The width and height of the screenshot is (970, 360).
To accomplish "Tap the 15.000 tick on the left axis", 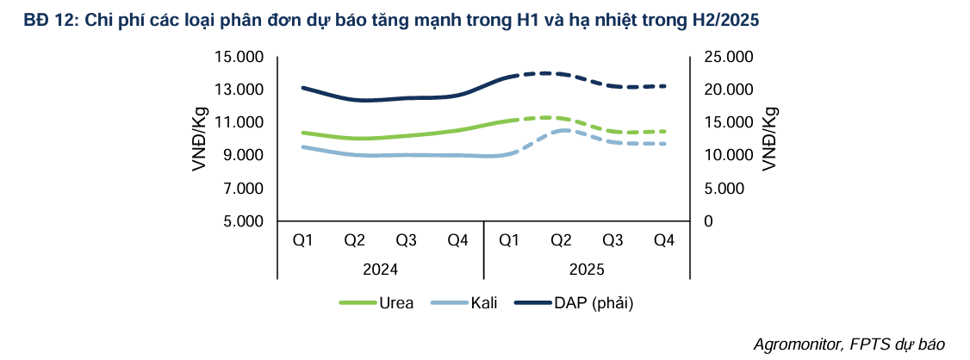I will pyautogui.click(x=239, y=58).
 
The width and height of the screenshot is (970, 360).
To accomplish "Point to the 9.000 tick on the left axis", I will pyautogui.click(x=242, y=156).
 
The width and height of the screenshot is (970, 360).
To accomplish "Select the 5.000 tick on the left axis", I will pyautogui.click(x=242, y=221).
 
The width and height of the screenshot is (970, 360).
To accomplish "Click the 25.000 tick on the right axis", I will pyautogui.click(x=729, y=58).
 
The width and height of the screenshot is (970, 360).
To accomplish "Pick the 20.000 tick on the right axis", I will pyautogui.click(x=729, y=90).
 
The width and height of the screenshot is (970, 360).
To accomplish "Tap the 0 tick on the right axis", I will pyautogui.click(x=708, y=221).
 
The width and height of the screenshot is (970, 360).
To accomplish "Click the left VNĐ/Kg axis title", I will pyautogui.click(x=199, y=139).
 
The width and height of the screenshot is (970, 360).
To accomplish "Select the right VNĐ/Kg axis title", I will pyautogui.click(x=769, y=139).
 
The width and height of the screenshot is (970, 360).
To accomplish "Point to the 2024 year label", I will pyautogui.click(x=380, y=270).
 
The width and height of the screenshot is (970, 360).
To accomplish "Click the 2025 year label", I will pyautogui.click(x=587, y=270).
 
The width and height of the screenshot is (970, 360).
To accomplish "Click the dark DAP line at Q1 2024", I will pyautogui.click(x=302, y=88).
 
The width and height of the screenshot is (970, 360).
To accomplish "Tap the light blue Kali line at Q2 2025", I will pyautogui.click(x=561, y=130).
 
